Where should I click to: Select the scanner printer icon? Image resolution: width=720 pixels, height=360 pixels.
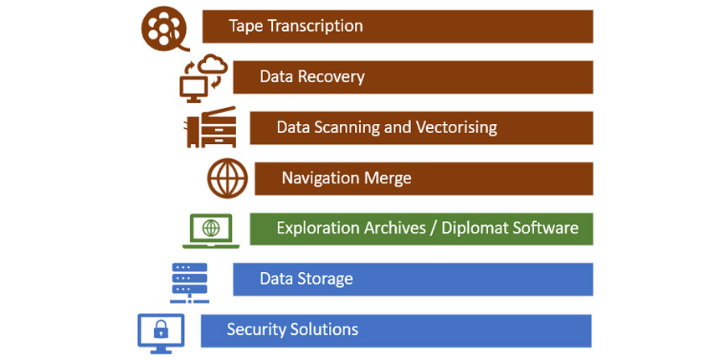[211, 127]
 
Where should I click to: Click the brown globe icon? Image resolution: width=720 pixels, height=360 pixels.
[228, 178]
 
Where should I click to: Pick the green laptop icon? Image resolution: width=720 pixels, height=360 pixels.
[211, 229]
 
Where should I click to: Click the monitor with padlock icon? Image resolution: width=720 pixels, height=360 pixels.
[160, 331]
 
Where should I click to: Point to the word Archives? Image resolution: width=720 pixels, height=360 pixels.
[391, 228]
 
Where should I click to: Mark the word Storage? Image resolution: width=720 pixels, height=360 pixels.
[326, 279]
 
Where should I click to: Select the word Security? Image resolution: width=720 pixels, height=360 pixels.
[254, 329]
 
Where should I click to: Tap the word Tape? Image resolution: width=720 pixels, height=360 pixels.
[244, 26]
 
